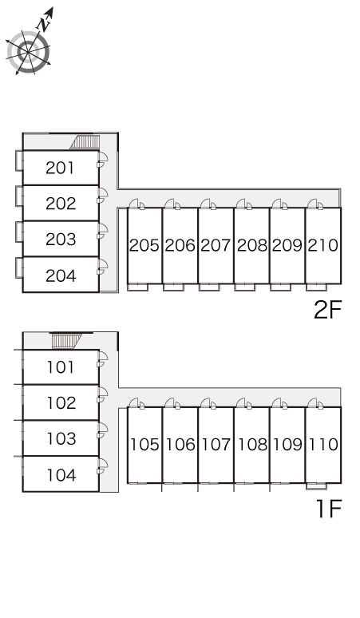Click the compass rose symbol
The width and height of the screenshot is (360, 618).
tap(29, 51)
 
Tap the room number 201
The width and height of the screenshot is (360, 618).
tap(60, 168)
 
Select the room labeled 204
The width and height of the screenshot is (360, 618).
tap(61, 275)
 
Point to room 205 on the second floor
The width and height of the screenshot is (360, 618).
tap(144, 245)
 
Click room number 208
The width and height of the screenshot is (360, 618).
tap(251, 245)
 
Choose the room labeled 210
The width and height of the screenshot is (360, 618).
tap(323, 245)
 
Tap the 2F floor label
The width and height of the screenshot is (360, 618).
tap(327, 309)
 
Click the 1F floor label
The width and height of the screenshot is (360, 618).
tap(329, 509)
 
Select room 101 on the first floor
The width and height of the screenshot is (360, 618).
tap(61, 367)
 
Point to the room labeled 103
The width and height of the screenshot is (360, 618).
tap(61, 438)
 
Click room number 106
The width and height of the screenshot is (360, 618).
tap(180, 445)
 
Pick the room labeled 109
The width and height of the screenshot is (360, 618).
tap(287, 445)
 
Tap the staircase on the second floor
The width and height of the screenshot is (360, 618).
tap(85, 142)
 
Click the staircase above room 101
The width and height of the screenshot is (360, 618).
tap(66, 341)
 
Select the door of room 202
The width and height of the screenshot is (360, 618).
tap(103, 195)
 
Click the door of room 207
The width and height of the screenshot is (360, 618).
tap(208, 204)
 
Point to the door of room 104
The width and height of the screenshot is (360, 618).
tap(103, 465)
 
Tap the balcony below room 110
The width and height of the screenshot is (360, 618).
tap(316, 486)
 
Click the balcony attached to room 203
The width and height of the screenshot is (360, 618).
tap(19, 232)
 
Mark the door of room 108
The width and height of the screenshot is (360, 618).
tap(244, 403)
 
